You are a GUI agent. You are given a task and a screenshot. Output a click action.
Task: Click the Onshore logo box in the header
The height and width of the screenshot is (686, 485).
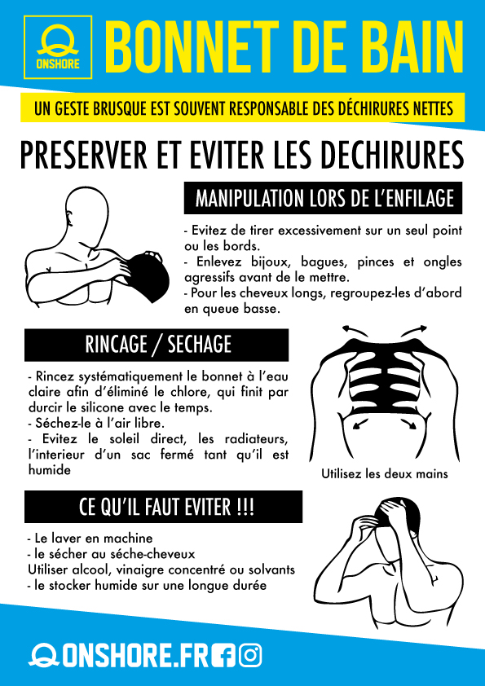pos(58,47)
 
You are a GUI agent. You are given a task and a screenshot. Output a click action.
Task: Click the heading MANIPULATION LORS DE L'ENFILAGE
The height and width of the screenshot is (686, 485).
pos(323,198)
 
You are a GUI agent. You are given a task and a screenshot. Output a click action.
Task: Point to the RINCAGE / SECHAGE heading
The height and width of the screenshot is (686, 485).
pos(157,345)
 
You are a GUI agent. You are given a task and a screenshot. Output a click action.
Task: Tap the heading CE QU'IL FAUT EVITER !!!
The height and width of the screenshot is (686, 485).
pos(163,507)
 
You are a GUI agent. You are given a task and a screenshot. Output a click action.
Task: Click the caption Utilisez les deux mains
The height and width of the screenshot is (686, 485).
pos(385,474)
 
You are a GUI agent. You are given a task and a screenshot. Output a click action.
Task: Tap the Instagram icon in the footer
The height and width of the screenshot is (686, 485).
pos(251,656)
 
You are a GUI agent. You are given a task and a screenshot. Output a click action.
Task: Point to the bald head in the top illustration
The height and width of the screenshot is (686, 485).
pos(86,210)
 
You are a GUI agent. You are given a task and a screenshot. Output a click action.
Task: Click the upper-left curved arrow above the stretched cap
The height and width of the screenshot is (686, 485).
pos(355,329)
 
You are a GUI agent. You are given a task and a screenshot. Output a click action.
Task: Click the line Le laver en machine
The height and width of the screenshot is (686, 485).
pos(90,538)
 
